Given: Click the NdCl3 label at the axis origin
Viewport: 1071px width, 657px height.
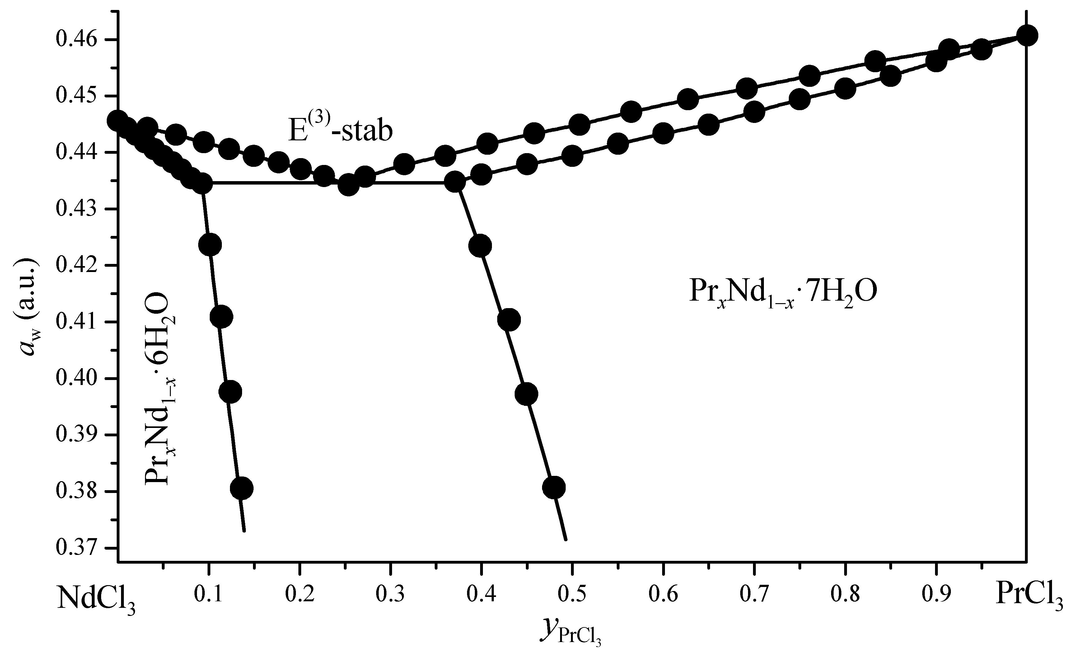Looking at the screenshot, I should pos(96,600).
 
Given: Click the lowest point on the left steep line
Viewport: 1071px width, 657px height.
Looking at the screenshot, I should pos(242,488).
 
